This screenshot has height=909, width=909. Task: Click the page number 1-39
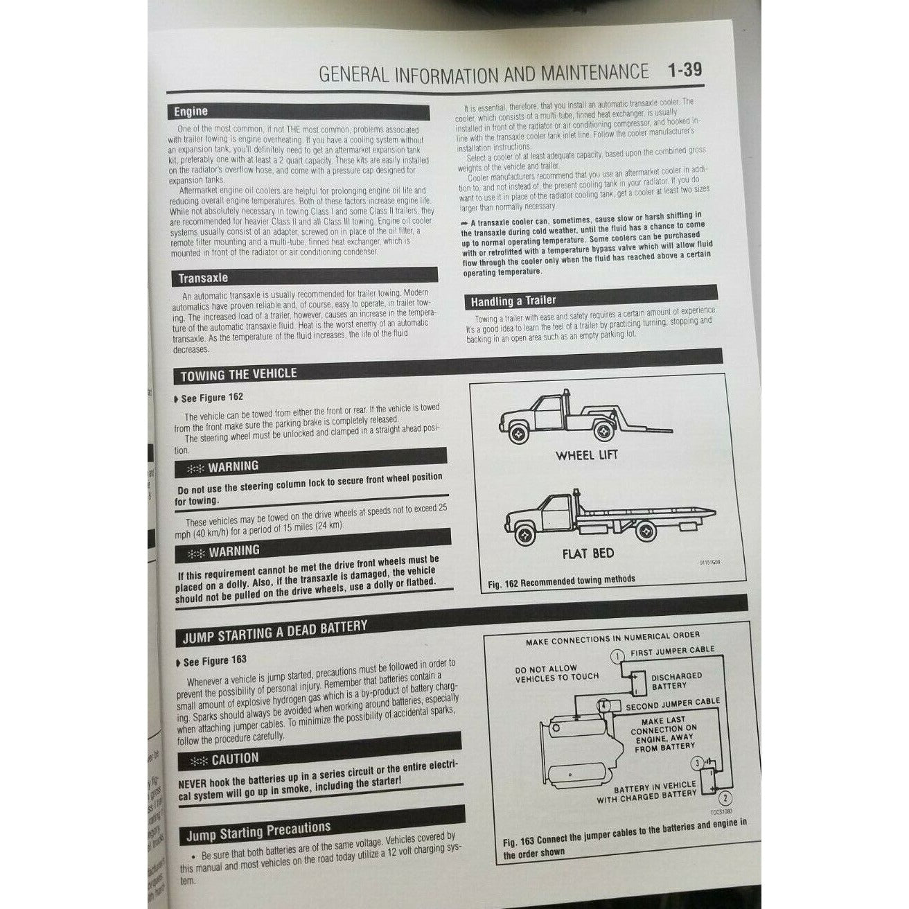tap(684, 70)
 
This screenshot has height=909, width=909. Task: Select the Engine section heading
tap(191, 111)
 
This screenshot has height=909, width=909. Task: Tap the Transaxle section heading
tap(202, 279)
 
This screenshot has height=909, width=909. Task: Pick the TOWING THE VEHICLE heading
tap(238, 375)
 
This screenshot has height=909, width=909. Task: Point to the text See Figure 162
tap(212, 398)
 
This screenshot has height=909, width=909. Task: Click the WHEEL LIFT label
tap(586, 455)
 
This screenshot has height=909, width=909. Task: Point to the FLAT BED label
tap(588, 553)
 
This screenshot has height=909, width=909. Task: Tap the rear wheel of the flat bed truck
tap(648, 531)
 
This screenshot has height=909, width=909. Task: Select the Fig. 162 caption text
tap(561, 581)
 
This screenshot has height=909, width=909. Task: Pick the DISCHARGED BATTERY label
tap(676, 680)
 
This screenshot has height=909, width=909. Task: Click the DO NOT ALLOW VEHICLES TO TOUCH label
tap(556, 673)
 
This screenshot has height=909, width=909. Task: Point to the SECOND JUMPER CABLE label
tap(673, 703)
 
